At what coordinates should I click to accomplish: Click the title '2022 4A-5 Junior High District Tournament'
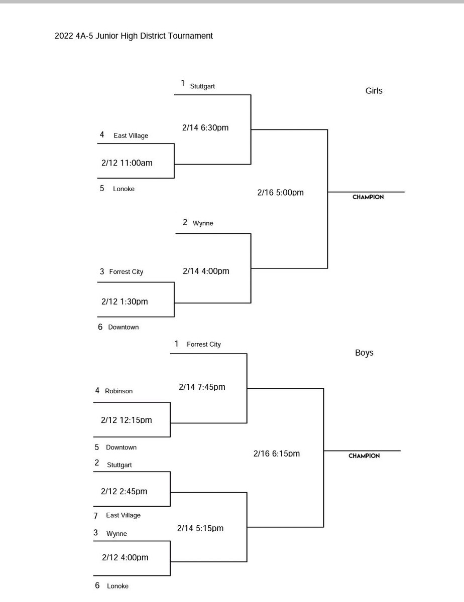(134, 36)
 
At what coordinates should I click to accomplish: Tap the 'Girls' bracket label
(374, 91)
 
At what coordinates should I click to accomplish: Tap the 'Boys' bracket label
(364, 353)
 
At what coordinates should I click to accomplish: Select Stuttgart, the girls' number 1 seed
(202, 86)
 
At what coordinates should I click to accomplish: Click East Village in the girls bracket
(131, 135)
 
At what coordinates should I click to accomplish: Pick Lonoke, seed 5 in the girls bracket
(124, 189)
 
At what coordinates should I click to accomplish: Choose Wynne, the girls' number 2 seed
(203, 223)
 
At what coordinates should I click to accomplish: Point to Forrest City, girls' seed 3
(126, 272)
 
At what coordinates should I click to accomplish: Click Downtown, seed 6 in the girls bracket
(123, 327)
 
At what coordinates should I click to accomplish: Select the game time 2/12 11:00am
(127, 163)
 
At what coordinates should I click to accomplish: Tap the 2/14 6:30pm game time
(205, 128)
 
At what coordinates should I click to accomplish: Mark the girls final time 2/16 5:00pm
(280, 193)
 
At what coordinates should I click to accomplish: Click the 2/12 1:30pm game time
(125, 302)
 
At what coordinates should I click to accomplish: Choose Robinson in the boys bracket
(119, 391)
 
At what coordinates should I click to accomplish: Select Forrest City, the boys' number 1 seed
(203, 345)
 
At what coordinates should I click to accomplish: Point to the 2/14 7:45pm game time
(202, 387)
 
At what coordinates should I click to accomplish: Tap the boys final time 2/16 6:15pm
(277, 454)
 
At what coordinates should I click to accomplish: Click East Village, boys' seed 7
(123, 515)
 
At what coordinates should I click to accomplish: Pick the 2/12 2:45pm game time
(124, 492)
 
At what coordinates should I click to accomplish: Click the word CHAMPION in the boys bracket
(364, 456)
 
